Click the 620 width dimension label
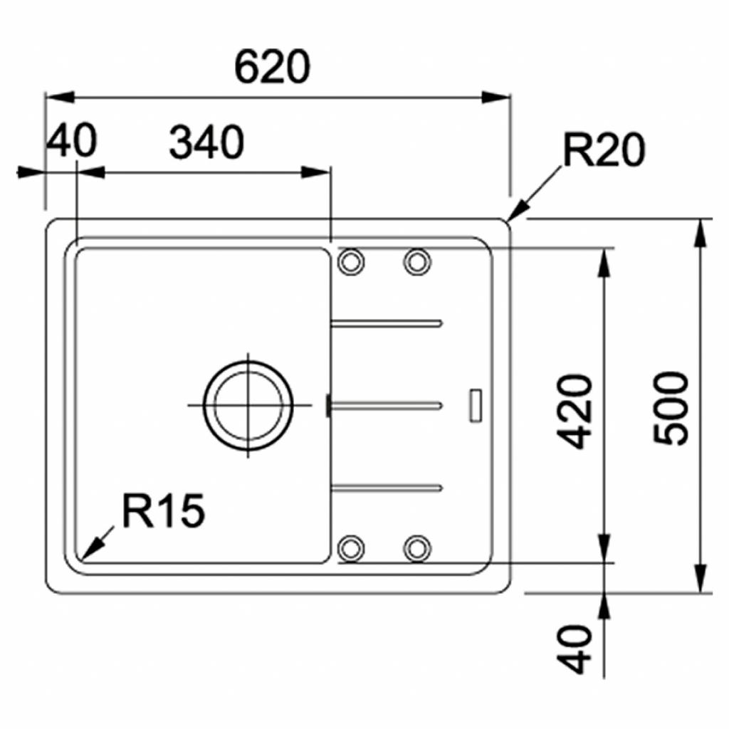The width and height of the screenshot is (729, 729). (272, 67)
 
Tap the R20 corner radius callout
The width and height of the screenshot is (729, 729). (603, 151)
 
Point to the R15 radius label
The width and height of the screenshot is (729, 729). (164, 511)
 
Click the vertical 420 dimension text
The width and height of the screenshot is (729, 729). (575, 411)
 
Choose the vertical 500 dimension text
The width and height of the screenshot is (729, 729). (672, 408)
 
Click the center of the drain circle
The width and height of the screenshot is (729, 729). (248, 406)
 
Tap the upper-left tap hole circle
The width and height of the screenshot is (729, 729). (350, 261)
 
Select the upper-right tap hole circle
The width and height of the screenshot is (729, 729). (417, 261)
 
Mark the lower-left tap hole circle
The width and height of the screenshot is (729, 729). (350, 548)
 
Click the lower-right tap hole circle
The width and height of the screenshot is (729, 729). (417, 548)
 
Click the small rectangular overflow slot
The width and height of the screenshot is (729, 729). (476, 405)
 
